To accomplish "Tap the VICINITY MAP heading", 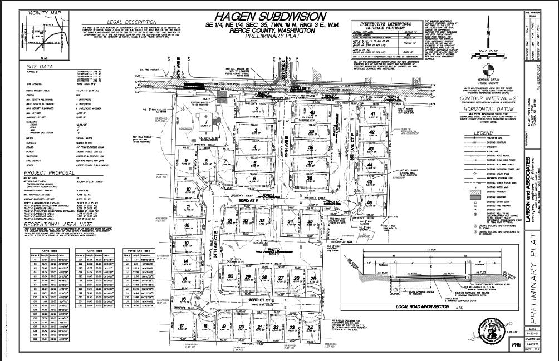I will (x=44, y=12).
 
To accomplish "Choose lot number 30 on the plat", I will (x=229, y=276).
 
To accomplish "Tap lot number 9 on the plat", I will (x=184, y=161).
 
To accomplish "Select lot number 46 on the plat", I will (x=369, y=203).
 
